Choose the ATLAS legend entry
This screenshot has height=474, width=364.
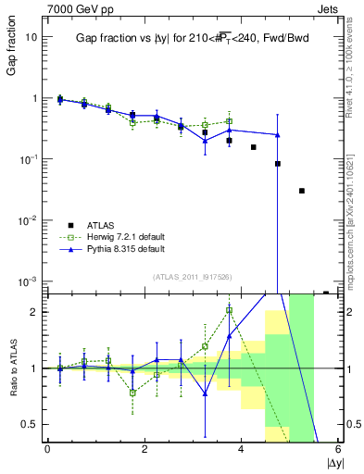pos(96,225)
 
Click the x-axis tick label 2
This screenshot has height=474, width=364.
pos(144,449)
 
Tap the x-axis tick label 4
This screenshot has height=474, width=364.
pos(242,449)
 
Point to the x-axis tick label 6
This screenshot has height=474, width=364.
pos(339,449)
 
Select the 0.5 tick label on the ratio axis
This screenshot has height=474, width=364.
pos(30,424)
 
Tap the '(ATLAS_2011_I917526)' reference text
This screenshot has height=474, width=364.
pos(192,276)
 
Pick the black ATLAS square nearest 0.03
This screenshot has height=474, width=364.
pos(302,191)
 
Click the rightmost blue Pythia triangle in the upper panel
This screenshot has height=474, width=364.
pos(278,135)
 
